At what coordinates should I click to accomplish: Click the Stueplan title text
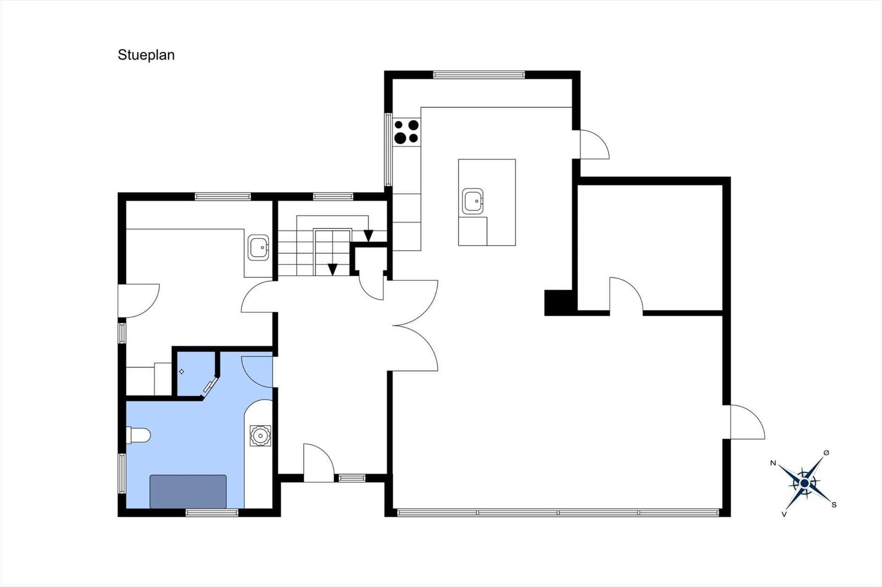[146, 55]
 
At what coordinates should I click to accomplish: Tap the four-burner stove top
[407, 132]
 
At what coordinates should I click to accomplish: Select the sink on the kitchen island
[472, 201]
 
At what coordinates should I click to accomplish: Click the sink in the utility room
[259, 247]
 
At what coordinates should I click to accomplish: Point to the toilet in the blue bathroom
[138, 436]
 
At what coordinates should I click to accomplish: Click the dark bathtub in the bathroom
[188, 491]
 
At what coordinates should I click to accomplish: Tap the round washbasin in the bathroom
[260, 436]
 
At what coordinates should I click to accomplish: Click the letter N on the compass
[773, 463]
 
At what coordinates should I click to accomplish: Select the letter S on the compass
[833, 505]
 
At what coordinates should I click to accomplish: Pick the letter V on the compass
[784, 514]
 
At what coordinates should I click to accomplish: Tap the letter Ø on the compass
[826, 453]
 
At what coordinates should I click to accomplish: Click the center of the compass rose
[805, 483]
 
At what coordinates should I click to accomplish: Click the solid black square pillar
[559, 302]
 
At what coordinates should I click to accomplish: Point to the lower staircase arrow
[333, 269]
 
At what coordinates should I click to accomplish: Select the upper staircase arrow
[368, 236]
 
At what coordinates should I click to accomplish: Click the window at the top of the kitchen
[479, 75]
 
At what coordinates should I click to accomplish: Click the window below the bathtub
[212, 513]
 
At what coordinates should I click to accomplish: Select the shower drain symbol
[181, 371]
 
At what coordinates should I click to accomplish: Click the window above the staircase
[333, 197]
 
